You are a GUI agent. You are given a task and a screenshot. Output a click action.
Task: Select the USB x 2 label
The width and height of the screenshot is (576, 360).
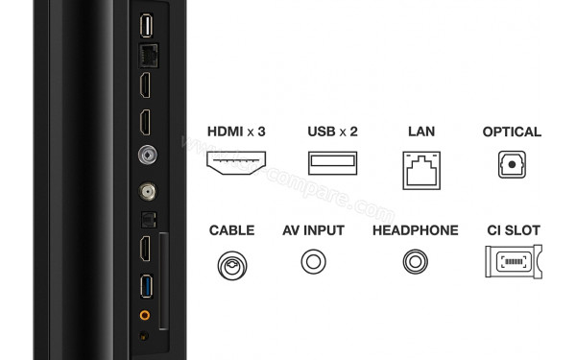(x=333, y=132)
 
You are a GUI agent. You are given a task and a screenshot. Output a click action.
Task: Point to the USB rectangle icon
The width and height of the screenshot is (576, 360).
(x=333, y=163)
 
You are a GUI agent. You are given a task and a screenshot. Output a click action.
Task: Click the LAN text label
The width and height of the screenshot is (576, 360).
(x=422, y=132)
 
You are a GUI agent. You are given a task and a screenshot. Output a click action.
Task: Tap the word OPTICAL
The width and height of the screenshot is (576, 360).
(x=512, y=132)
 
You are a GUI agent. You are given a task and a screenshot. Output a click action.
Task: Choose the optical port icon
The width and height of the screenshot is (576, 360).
(x=512, y=164)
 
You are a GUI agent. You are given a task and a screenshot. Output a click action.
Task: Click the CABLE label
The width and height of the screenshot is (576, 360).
(x=231, y=230)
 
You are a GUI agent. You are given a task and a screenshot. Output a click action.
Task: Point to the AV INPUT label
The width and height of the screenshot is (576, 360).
(x=314, y=230)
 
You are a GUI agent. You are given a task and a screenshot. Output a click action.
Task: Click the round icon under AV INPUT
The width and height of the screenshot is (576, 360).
(x=314, y=261)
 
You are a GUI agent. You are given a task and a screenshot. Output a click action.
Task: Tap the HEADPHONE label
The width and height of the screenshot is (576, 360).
(x=415, y=230)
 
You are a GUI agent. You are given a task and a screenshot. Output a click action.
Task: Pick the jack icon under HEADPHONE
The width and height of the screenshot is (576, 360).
(x=415, y=261)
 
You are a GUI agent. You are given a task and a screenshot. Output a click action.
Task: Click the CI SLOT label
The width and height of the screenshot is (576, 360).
(x=513, y=230)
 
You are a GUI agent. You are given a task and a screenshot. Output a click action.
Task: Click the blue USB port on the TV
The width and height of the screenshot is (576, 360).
(x=146, y=287)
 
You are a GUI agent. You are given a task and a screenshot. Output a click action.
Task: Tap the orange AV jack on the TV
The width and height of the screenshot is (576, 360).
(x=145, y=314)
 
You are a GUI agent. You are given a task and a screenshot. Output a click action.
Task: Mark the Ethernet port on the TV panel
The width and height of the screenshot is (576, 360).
(x=146, y=54)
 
